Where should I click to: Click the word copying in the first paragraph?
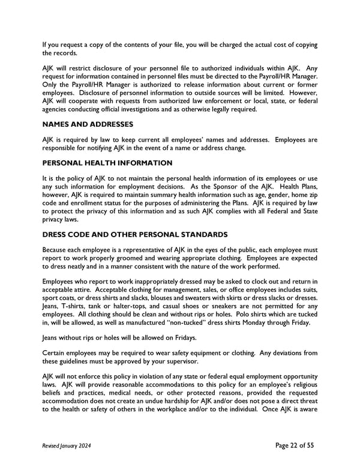click(303, 46)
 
